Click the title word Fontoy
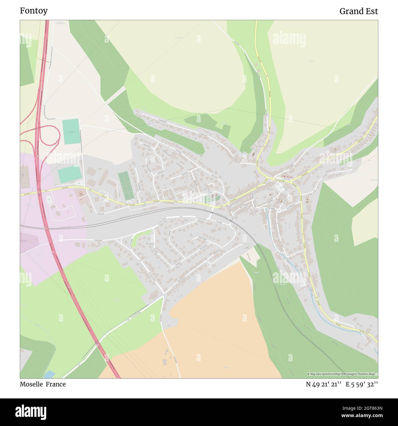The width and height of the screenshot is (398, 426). pyautogui.click(x=34, y=11)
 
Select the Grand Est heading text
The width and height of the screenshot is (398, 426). pyautogui.click(x=359, y=11)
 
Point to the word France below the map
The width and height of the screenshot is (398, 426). pyautogui.click(x=56, y=384)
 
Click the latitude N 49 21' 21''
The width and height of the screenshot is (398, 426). pyautogui.click(x=324, y=384)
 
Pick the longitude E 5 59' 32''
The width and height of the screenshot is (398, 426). pyautogui.click(x=362, y=384)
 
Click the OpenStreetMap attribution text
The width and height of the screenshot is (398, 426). pyautogui.click(x=342, y=374)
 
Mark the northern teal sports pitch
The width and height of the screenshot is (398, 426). pyautogui.click(x=71, y=131)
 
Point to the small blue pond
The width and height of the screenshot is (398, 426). pyautogui.click(x=49, y=374)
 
